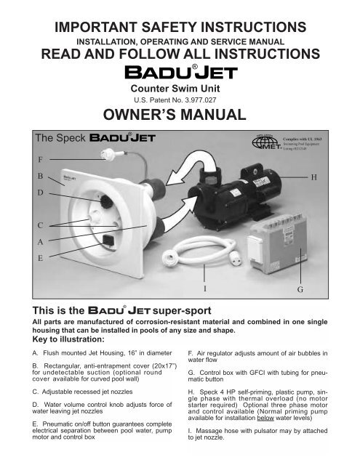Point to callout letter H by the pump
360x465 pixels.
click(x=314, y=176)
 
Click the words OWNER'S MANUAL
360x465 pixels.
click(x=180, y=115)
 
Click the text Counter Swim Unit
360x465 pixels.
click(x=180, y=85)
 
